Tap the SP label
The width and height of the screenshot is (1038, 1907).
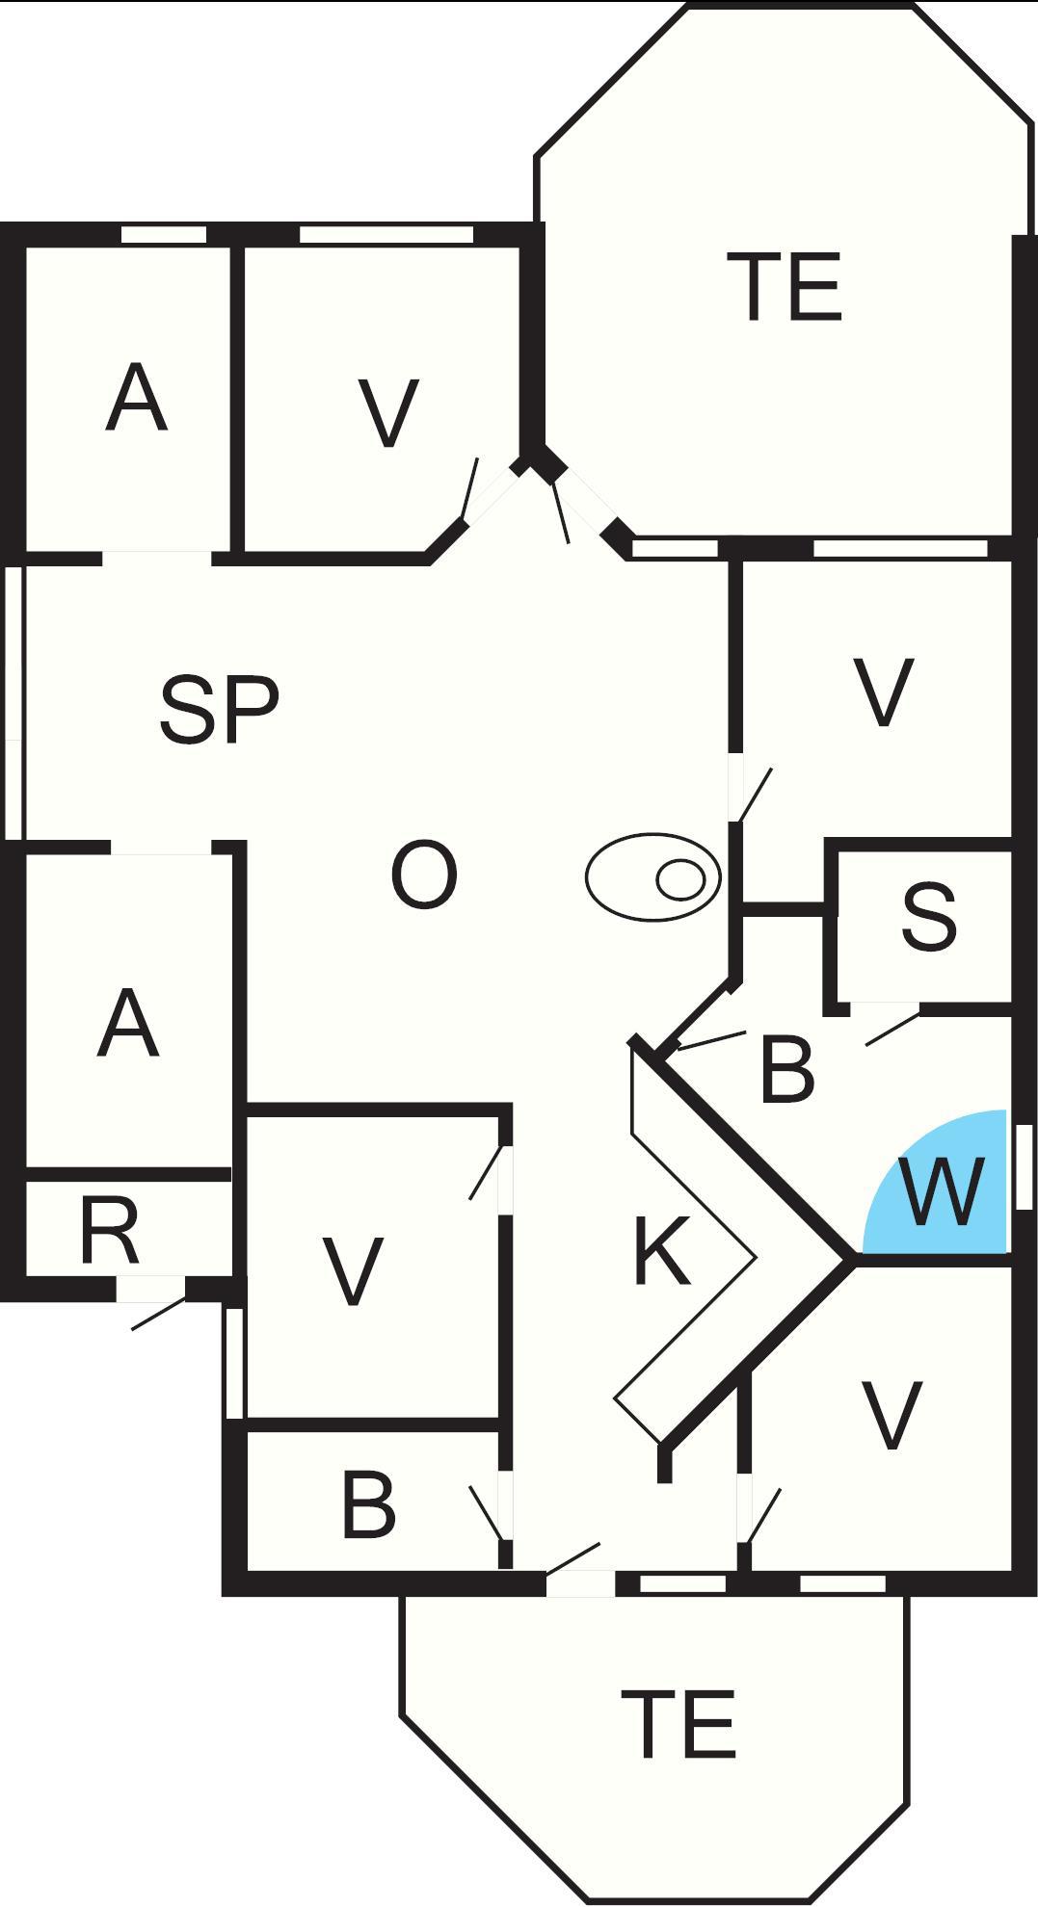pos(219,711)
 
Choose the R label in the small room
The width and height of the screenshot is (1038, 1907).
pos(110,1233)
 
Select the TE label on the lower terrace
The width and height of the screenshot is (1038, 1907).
pos(679,1724)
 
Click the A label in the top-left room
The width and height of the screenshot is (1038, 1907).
pos(136,399)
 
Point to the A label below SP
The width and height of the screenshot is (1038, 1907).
pos(127,1025)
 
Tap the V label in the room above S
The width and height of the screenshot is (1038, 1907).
pos(884,692)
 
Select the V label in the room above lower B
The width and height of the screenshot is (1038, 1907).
pos(353,1271)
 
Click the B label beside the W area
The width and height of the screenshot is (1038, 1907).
pos(786,1069)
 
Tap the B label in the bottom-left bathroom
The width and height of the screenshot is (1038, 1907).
pos(368,1504)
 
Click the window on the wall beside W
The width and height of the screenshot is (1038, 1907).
pos(1024,1165)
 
